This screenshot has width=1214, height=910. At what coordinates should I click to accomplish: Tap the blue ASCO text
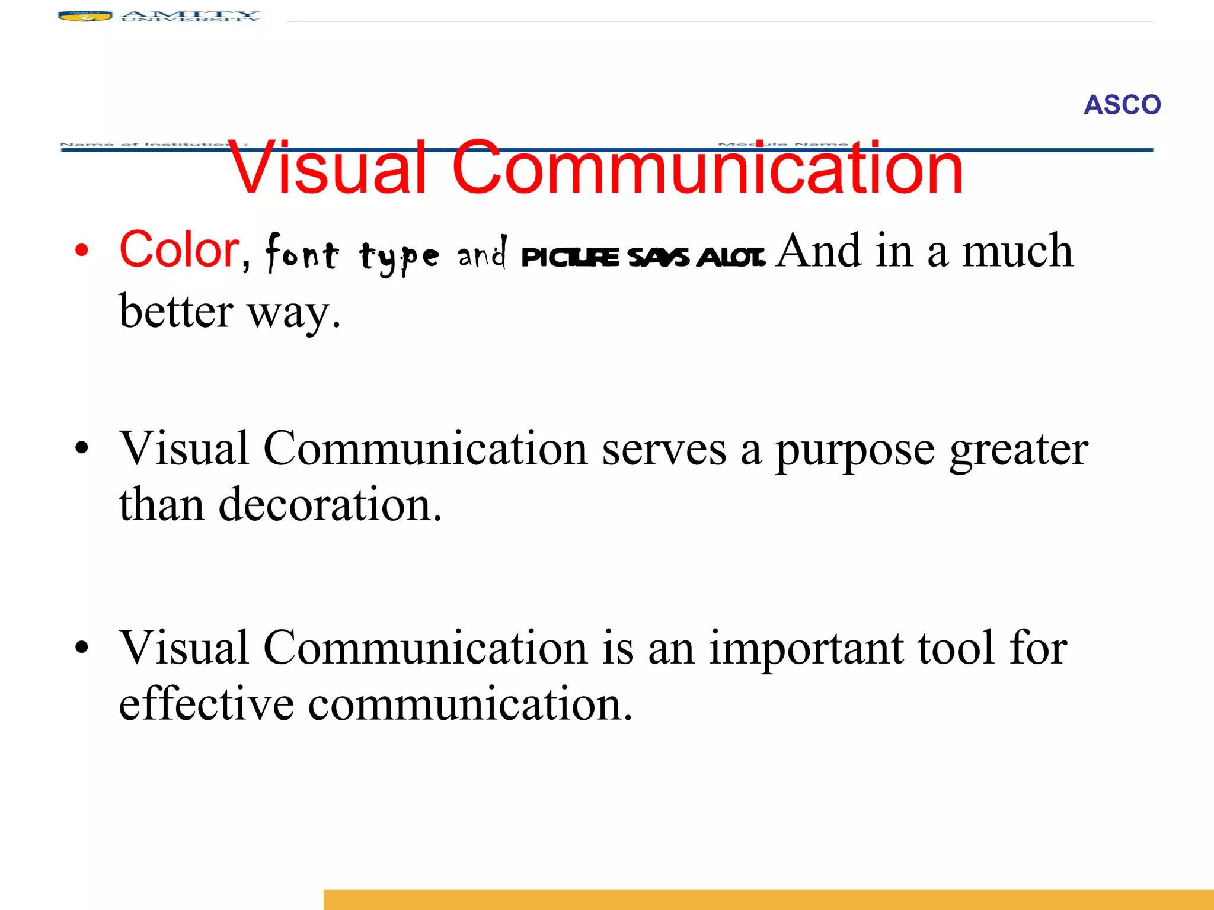pyautogui.click(x=1122, y=105)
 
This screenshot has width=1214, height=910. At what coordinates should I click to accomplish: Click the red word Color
pyautogui.click(x=179, y=249)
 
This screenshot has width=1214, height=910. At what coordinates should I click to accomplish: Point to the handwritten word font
pyautogui.click(x=302, y=254)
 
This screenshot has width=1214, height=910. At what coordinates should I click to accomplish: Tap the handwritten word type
pyautogui.click(x=399, y=257)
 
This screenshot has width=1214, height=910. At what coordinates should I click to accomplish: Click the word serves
pyautogui.click(x=664, y=449)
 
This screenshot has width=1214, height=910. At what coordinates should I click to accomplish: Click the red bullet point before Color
pyautogui.click(x=82, y=251)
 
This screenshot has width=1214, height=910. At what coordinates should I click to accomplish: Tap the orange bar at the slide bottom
pyautogui.click(x=768, y=899)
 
